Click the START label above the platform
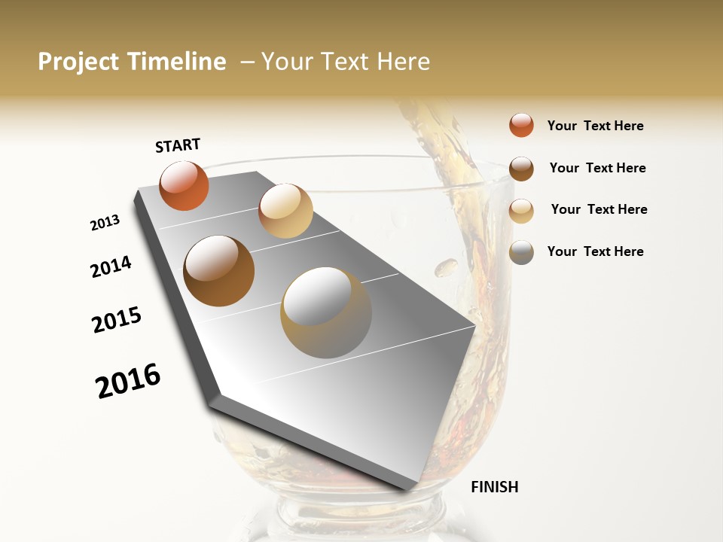(178, 145)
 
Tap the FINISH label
(494, 487)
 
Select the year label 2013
(105, 223)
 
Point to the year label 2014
(111, 266)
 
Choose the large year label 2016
(128, 381)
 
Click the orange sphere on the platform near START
(184, 185)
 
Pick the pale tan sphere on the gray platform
(285, 211)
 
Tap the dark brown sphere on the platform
(219, 270)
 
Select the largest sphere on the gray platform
(326, 312)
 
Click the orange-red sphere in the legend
(521, 125)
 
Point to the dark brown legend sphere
(521, 168)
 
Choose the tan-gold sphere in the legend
(521, 211)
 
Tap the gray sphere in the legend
(521, 252)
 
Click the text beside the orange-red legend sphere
(595, 126)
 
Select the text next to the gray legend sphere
(595, 251)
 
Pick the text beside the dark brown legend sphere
(597, 168)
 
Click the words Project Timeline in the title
(132, 62)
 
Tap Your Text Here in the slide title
(346, 62)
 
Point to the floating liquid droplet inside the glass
(447, 266)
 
